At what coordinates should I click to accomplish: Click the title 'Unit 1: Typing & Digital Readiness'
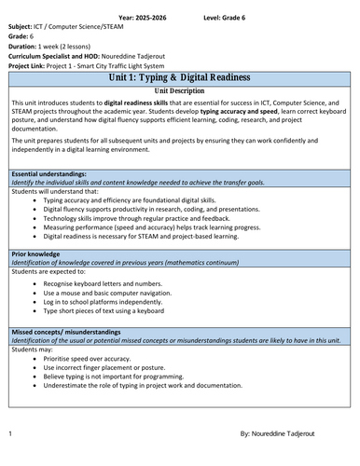pyautogui.click(x=179, y=80)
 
